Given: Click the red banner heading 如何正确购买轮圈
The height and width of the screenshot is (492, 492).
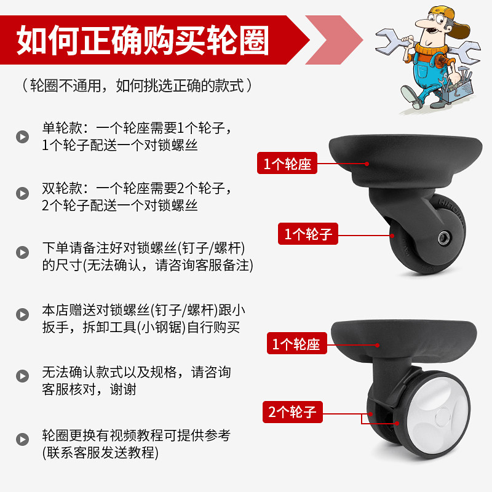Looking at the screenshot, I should coord(143,41).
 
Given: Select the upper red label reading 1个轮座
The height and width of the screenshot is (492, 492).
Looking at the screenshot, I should coord(288,164).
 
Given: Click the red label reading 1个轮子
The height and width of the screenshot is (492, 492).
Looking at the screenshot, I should coord(308,234).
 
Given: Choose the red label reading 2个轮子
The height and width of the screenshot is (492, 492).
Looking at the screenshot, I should coord(293,411).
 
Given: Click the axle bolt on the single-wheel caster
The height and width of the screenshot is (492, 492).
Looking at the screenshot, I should coord(443,238).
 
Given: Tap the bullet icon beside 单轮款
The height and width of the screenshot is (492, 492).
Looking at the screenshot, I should coord(22,137).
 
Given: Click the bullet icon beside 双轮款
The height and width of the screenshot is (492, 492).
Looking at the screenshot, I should coord(22,194).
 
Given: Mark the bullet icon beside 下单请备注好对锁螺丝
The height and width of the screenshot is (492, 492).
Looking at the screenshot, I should coord(22,253).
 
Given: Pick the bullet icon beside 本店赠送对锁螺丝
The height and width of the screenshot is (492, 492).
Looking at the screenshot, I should coord(22,315).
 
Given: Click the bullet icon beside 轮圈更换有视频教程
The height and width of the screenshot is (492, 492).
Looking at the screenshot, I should coord(22,439).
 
